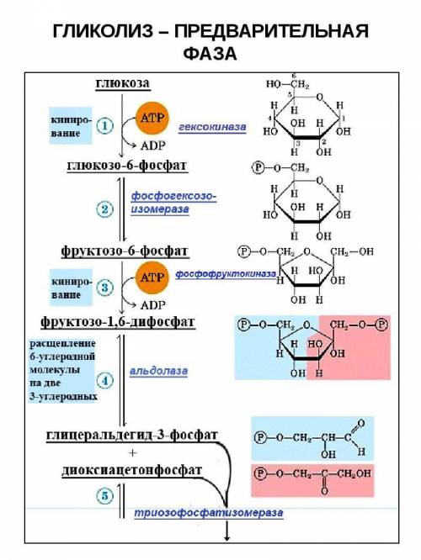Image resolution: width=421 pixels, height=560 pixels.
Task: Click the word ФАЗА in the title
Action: point(210,54)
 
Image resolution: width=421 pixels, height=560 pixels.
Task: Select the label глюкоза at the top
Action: point(123,83)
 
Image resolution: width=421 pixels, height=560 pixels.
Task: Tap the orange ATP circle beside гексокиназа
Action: point(152,118)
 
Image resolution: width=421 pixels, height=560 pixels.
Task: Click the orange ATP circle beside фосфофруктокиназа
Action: point(152,277)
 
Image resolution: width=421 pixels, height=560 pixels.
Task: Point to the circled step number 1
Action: point(104,126)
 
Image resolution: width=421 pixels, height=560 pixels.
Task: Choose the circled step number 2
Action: point(104,209)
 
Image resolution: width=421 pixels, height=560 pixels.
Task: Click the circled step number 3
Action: point(104,288)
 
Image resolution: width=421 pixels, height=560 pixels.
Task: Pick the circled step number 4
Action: point(104,381)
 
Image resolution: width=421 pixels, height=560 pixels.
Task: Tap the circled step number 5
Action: point(104,496)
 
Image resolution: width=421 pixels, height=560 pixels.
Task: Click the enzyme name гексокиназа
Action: point(212,127)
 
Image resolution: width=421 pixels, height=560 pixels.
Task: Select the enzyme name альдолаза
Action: point(158,371)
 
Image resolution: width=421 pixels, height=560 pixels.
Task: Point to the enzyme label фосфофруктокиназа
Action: point(226,274)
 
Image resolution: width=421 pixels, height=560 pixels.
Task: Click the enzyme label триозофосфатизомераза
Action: point(209,513)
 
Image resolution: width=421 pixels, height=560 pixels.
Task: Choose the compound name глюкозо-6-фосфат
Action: point(127,166)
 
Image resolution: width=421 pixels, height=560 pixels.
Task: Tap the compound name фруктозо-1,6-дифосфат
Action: point(118,322)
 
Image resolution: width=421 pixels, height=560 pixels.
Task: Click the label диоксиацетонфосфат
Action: point(131,470)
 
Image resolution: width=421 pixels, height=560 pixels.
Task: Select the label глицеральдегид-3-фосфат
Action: point(132,436)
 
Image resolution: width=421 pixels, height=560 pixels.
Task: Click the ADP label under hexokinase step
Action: point(153,145)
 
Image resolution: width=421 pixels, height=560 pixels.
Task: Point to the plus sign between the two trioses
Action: point(133,453)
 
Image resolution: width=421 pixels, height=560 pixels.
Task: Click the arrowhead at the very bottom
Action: point(226,537)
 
